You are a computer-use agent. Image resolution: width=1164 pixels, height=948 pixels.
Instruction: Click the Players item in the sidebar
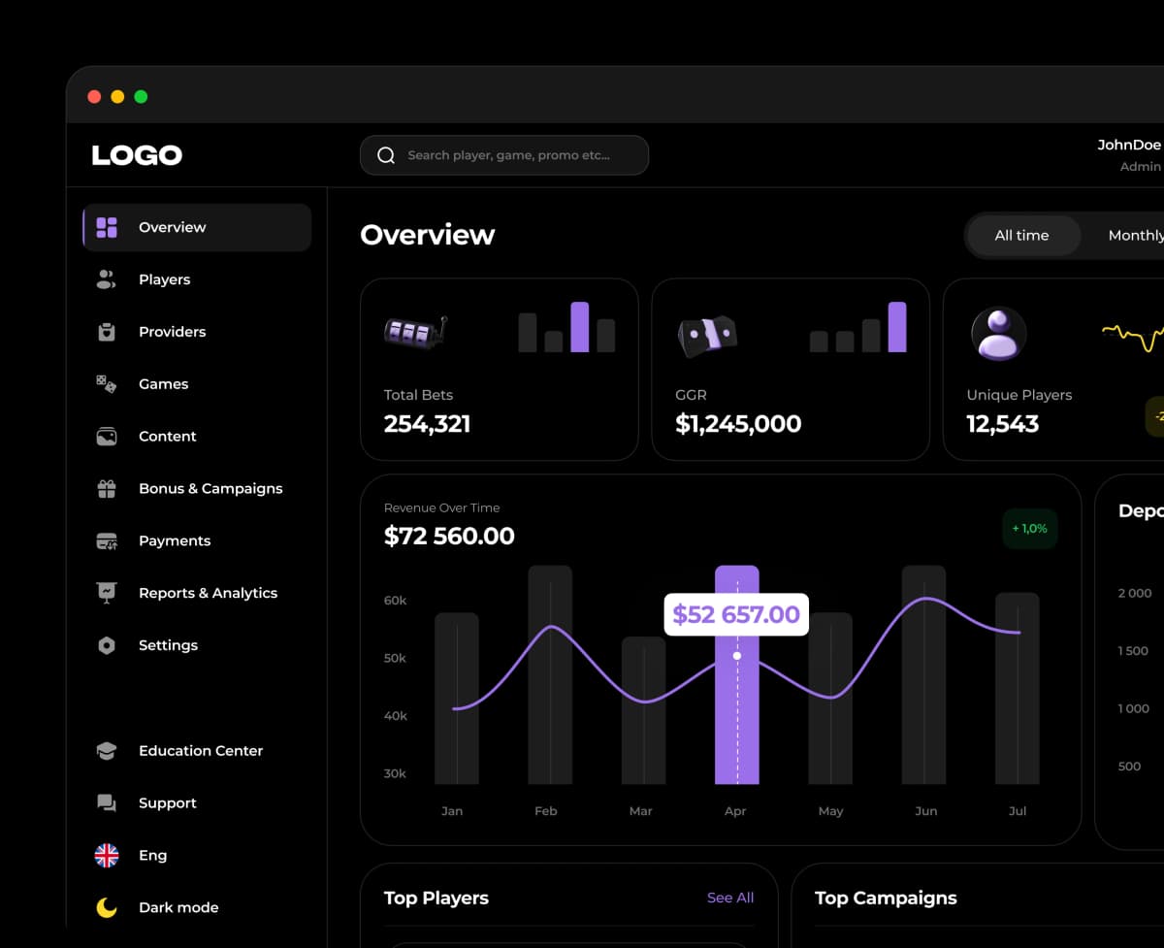[x=164, y=279]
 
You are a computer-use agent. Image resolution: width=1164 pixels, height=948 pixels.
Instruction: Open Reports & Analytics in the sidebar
[x=208, y=593]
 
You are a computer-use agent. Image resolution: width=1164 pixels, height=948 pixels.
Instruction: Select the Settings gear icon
[x=107, y=645]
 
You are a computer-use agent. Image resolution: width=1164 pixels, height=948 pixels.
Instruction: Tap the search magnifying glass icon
[x=386, y=155]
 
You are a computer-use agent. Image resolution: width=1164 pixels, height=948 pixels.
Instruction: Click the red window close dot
[x=94, y=96]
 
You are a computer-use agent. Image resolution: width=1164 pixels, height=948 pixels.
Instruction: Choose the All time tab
[x=1021, y=235]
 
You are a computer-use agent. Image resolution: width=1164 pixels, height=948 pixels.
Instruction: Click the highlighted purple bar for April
[x=736, y=718]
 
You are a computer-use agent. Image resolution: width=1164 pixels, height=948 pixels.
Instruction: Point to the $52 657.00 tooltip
[x=735, y=614]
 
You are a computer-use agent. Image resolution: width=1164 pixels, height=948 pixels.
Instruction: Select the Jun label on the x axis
[x=925, y=811]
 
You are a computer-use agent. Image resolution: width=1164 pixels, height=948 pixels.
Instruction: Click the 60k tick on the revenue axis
[x=395, y=601]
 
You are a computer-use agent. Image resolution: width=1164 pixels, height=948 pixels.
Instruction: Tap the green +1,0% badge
[x=1029, y=529]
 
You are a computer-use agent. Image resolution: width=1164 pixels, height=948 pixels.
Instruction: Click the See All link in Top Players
[x=729, y=898]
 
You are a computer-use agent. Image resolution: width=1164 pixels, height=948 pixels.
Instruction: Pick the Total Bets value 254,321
[x=427, y=424]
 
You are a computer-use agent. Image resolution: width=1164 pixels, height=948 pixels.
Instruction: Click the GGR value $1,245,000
[x=738, y=424]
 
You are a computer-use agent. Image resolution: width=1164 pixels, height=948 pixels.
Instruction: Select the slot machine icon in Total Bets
[x=415, y=332]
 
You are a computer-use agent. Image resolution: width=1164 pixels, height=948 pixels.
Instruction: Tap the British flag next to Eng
[x=107, y=855]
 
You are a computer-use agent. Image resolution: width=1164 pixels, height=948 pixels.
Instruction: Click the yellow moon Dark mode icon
[x=107, y=907]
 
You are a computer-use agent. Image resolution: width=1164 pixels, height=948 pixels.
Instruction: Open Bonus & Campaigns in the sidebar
[x=210, y=488]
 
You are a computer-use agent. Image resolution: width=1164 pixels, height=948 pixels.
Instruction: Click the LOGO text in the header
[x=137, y=155]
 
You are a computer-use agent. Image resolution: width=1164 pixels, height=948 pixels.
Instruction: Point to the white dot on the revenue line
[x=737, y=656]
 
